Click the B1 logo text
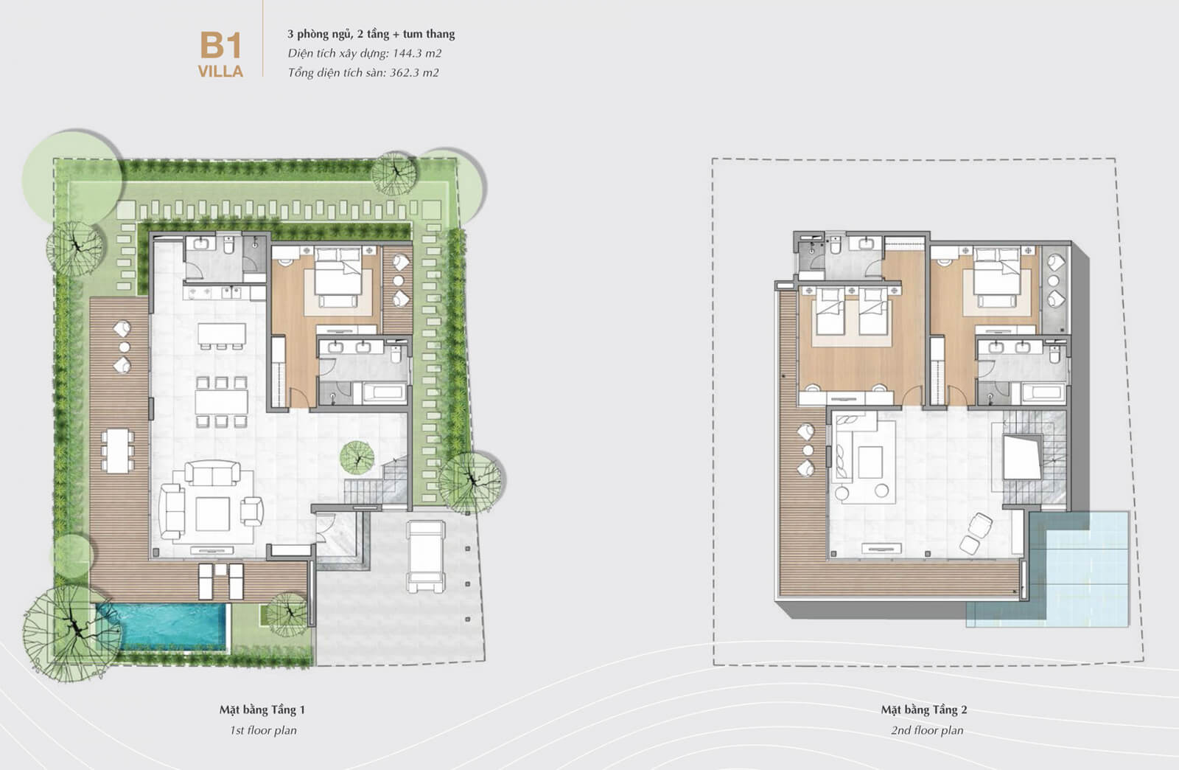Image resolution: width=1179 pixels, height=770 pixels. [x=220, y=46]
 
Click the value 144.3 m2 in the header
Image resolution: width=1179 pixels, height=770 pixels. [x=417, y=53]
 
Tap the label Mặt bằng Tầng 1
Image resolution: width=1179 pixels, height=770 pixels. [x=262, y=710]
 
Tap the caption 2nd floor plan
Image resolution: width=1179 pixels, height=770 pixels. [x=926, y=730]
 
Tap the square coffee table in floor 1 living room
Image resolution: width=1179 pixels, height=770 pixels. [x=211, y=513]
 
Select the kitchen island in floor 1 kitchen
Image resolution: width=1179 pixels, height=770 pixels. [x=221, y=334]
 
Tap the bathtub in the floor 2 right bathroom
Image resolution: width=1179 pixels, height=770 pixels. [x=1040, y=393]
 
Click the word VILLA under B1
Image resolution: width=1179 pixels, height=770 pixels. [x=220, y=72]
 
